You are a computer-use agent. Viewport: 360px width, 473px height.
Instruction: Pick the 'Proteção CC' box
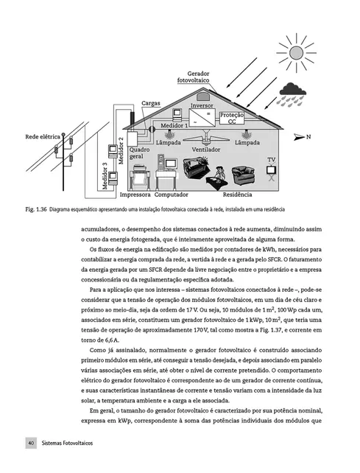coord(233,119)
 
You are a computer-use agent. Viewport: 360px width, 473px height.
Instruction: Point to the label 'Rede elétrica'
coord(43,137)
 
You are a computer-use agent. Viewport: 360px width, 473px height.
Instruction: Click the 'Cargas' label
coord(151,104)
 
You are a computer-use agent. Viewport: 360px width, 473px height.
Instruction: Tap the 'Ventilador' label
coord(206,150)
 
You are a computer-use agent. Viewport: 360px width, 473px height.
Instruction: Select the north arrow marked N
coord(300,137)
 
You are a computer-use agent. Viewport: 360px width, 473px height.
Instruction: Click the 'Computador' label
coord(172,195)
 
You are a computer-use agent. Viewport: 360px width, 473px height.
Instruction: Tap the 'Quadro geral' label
coord(140,153)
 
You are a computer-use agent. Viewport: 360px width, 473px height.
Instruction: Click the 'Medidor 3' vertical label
coord(105,176)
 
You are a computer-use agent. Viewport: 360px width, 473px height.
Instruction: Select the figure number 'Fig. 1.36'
coord(35,209)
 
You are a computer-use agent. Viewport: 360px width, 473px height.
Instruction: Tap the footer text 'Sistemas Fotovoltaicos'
coord(67,444)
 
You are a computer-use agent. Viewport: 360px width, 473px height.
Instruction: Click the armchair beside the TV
coord(244,175)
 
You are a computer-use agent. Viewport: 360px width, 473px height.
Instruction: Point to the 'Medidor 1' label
coord(174,126)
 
